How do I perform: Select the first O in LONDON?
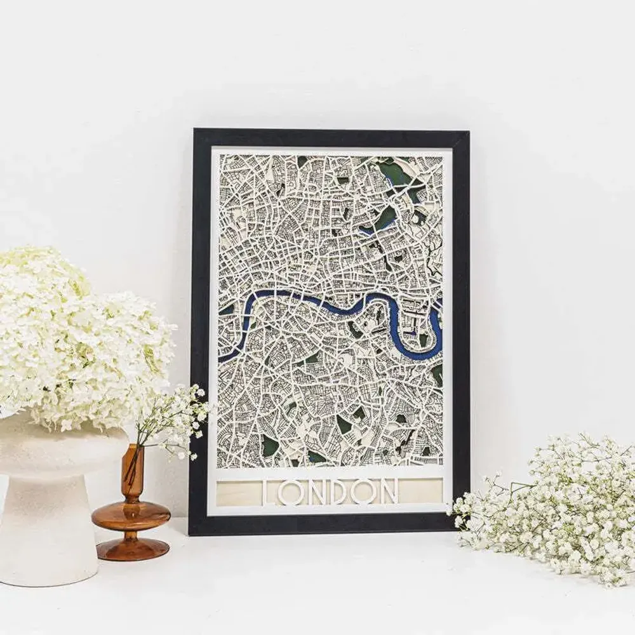(x=291, y=491)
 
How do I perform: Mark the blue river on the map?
(x=298, y=298)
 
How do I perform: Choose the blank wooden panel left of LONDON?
(x=238, y=492)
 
